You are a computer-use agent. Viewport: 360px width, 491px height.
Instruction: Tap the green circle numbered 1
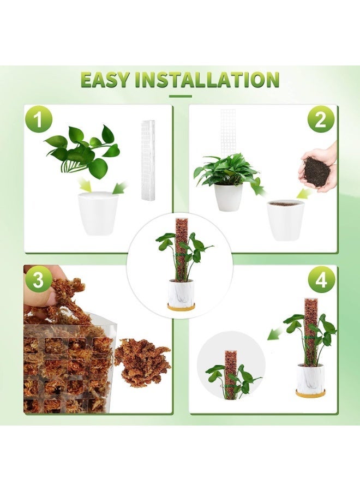[x=39, y=119]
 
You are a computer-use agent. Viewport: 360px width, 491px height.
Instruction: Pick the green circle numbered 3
[x=39, y=280]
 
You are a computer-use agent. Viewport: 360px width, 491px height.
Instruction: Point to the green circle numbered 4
[x=322, y=280]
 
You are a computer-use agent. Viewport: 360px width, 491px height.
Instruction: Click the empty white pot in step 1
[x=98, y=213]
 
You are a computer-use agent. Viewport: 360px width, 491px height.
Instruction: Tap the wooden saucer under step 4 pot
[x=310, y=393]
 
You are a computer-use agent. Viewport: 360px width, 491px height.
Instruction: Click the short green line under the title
[x=180, y=96]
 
